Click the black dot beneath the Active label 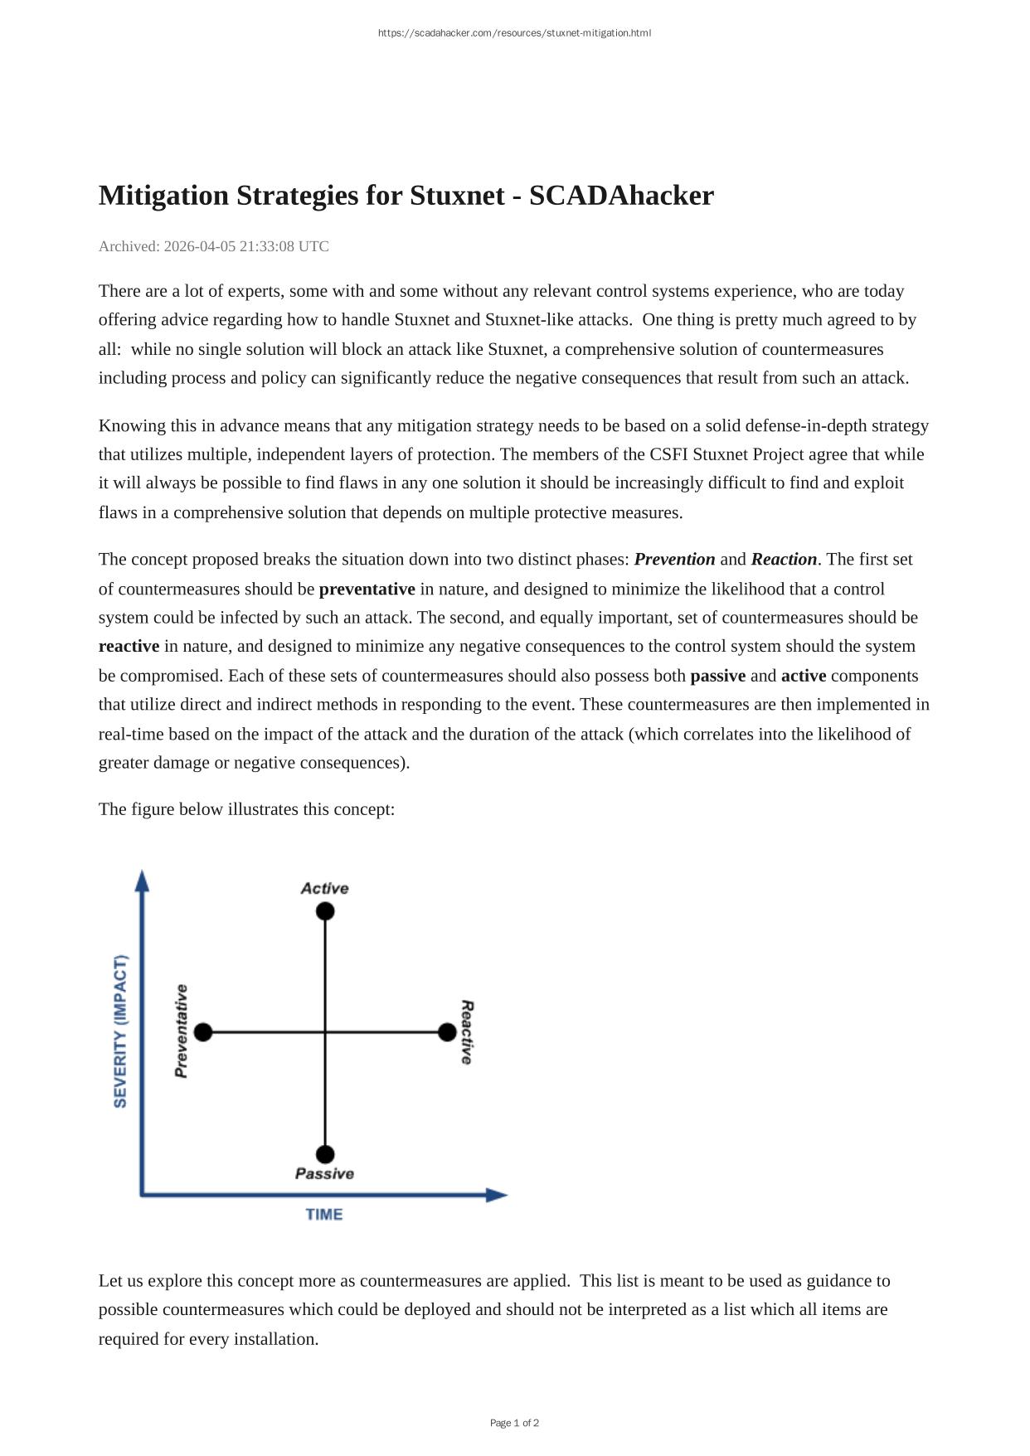(325, 911)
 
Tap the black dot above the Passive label (325, 1154)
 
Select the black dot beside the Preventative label (203, 1032)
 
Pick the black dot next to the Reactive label (447, 1032)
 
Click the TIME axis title (324, 1215)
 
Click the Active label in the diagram (324, 889)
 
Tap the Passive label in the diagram (324, 1174)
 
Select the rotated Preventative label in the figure (181, 1031)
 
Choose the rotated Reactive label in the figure (467, 1032)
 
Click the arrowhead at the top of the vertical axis (142, 881)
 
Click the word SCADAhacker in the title (621, 196)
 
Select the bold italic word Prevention (674, 560)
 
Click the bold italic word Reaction (784, 560)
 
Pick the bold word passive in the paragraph (717, 676)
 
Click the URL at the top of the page (514, 33)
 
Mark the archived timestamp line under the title (214, 246)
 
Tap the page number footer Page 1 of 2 (514, 1424)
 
